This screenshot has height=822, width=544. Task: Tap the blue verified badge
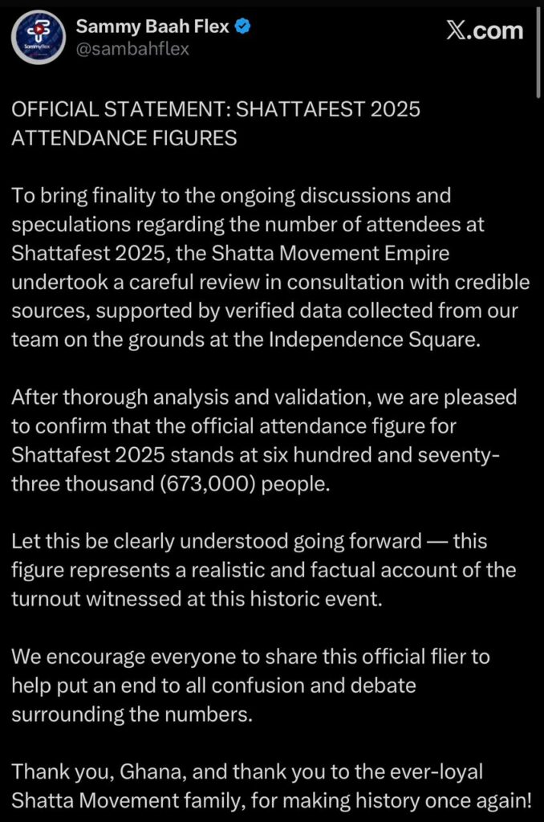[242, 28]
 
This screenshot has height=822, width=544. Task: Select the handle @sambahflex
[132, 50]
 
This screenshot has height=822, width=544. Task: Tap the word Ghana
[144, 772]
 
